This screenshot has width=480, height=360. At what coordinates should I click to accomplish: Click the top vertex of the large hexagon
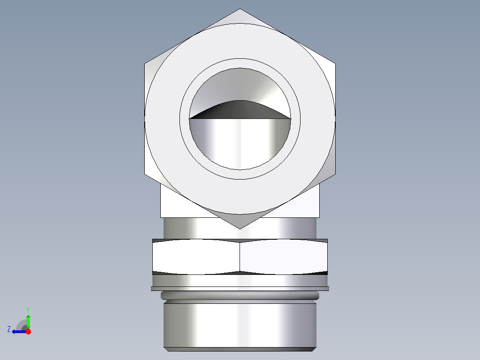coord(240,9)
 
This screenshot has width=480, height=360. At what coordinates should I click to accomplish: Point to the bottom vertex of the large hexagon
coord(240,229)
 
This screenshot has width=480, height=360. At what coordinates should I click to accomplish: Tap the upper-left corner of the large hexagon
coord(145,64)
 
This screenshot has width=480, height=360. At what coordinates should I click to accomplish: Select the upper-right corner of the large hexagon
coord(335,64)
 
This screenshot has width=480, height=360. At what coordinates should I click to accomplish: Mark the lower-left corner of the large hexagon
coord(145,174)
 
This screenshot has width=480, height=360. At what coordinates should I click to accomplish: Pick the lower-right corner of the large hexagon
coord(335,174)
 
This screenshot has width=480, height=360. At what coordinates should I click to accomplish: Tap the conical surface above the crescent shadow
coord(240,85)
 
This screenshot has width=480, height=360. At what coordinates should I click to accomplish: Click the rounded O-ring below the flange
coord(240,295)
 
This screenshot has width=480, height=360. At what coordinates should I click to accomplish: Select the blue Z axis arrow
coord(18,331)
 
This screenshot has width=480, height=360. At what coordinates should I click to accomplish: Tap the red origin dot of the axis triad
coord(28,331)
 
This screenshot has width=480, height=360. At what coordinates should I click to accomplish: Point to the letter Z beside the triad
coord(9,329)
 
